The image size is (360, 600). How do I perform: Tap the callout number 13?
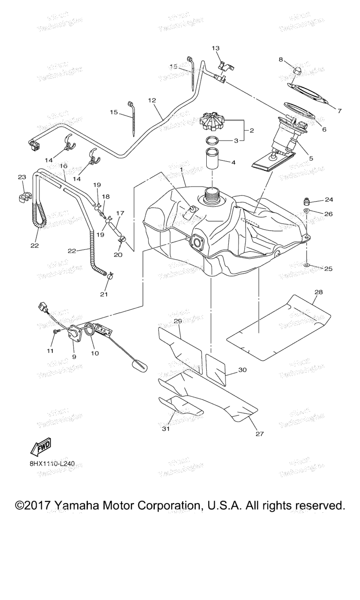(x=216, y=48)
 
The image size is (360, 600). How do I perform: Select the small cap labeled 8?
(x=297, y=70)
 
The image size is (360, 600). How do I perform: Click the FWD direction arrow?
(x=40, y=448)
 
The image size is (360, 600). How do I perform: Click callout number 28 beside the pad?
(x=319, y=292)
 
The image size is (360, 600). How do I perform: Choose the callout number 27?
(x=260, y=434)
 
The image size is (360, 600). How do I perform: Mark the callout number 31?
(x=165, y=429)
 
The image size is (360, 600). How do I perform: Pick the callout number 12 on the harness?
(x=151, y=100)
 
